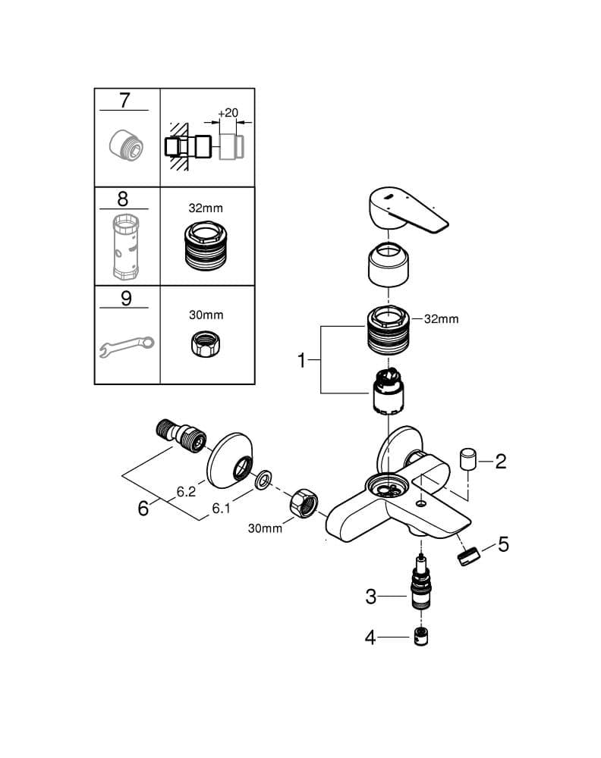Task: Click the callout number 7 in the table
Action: click(125, 100)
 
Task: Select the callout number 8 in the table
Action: click(123, 199)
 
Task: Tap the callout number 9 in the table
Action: click(126, 298)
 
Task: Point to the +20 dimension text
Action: click(228, 113)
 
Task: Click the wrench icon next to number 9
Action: click(127, 346)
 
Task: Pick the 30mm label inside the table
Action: click(206, 315)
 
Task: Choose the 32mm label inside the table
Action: click(206, 208)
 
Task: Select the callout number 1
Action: click(301, 360)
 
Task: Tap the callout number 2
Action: click(500, 462)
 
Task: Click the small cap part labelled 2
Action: click(467, 459)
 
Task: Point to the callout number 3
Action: click(370, 597)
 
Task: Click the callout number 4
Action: click(370, 637)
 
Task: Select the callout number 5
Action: click(503, 544)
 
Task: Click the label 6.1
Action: click(221, 508)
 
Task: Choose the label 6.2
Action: click(186, 492)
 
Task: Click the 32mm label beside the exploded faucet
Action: click(442, 319)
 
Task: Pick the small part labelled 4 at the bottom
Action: click(421, 637)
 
